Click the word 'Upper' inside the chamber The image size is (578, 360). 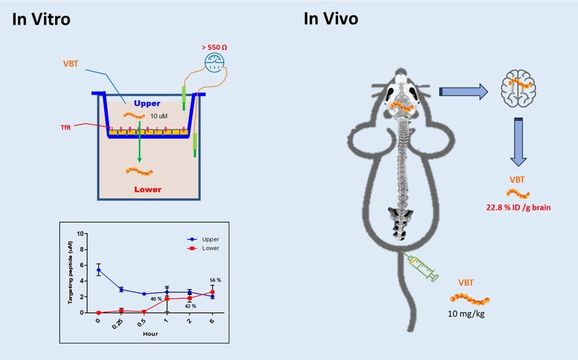coord(147,104)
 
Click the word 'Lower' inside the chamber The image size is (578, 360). coord(147,189)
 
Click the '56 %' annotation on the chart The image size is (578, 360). coord(214,279)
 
